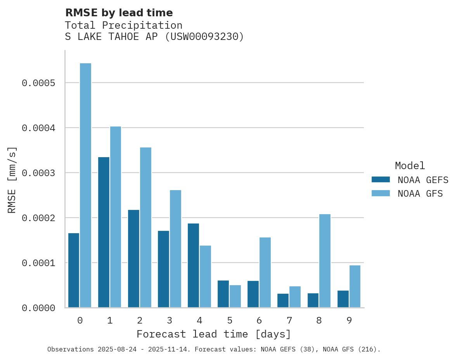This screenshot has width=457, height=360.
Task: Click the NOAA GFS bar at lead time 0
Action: click(x=85, y=185)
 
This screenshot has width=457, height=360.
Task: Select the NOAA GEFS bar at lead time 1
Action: click(x=104, y=232)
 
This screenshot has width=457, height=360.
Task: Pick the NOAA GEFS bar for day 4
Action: click(x=193, y=265)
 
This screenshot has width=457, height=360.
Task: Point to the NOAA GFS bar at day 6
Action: click(x=265, y=272)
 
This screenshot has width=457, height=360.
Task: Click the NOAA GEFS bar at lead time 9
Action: click(x=343, y=299)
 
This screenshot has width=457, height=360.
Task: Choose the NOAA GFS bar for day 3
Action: click(x=175, y=249)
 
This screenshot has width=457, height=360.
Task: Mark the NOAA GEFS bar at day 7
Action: click(x=283, y=300)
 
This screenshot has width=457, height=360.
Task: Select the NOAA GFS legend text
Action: click(x=420, y=193)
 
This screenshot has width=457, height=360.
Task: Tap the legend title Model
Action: click(x=410, y=166)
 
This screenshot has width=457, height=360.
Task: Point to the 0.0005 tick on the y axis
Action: click(x=38, y=83)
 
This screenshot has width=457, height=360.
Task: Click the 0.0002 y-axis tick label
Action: click(x=38, y=218)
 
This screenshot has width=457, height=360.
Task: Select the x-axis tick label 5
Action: click(x=230, y=320)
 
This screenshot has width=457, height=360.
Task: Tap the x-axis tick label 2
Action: click(x=140, y=320)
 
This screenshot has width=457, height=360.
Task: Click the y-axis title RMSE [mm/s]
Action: click(x=12, y=180)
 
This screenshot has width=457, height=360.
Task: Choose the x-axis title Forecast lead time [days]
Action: click(x=214, y=334)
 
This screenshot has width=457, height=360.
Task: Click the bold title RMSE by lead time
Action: click(x=119, y=13)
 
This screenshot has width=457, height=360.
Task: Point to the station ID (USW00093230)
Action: click(x=204, y=36)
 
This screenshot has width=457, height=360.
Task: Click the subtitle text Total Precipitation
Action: click(x=123, y=25)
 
